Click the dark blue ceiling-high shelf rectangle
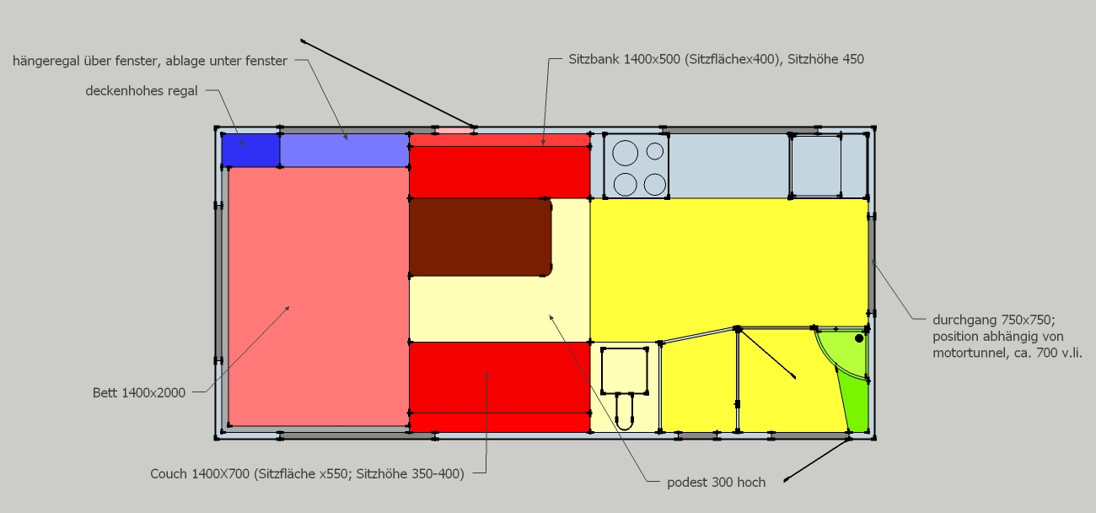coord(250,150)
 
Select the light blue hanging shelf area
coord(345,150)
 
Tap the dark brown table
coord(481,237)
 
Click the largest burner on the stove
coord(626,153)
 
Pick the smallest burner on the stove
coord(655,151)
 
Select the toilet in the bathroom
coord(625,410)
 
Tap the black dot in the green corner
coord(859,338)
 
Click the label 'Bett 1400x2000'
coord(139,392)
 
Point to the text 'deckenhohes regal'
coord(142,91)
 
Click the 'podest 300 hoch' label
coord(717,483)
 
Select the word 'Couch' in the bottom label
coord(169,474)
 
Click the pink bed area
coord(319,297)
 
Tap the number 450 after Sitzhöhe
coord(853,59)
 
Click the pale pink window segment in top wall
coord(455,131)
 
